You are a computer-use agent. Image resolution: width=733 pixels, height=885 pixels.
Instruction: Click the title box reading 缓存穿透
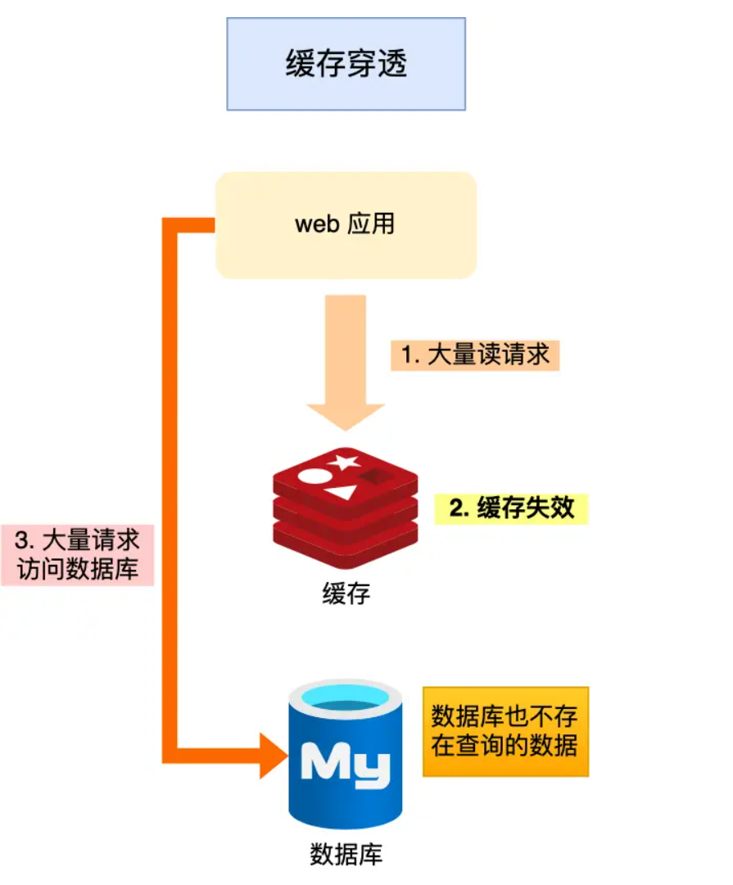pyautogui.click(x=346, y=64)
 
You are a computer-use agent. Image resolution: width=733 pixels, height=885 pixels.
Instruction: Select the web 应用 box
pyautogui.click(x=346, y=224)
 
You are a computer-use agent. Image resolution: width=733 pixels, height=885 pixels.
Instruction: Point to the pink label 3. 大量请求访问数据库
pyautogui.click(x=77, y=554)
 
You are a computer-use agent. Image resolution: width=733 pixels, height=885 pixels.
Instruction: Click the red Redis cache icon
pyautogui.click(x=345, y=508)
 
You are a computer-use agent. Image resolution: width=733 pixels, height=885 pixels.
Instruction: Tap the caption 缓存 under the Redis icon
pyautogui.click(x=346, y=593)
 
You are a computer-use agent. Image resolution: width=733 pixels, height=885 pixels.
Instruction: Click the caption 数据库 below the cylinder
pyautogui.click(x=346, y=855)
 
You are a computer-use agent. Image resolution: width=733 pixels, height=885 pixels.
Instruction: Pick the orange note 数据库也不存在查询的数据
pyautogui.click(x=505, y=731)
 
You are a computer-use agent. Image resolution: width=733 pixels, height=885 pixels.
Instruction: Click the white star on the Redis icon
pyautogui.click(x=344, y=462)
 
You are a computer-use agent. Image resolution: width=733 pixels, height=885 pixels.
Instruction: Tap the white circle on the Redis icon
pyautogui.click(x=312, y=476)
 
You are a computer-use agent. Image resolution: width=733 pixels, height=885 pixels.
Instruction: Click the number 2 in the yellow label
pyautogui.click(x=456, y=508)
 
